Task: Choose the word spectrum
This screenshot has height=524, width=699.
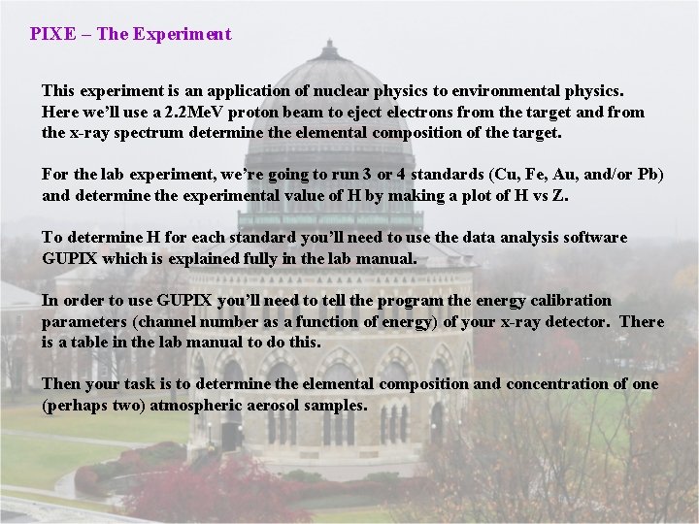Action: coord(147,133)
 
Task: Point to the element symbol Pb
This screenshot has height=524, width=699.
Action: coord(649,175)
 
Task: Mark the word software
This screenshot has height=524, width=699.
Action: coord(595,238)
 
